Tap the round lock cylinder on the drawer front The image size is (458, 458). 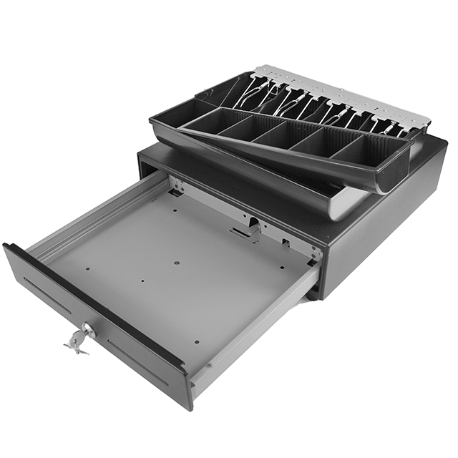pyautogui.click(x=89, y=330)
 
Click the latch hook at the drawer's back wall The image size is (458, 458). pyautogui.click(x=244, y=233)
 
